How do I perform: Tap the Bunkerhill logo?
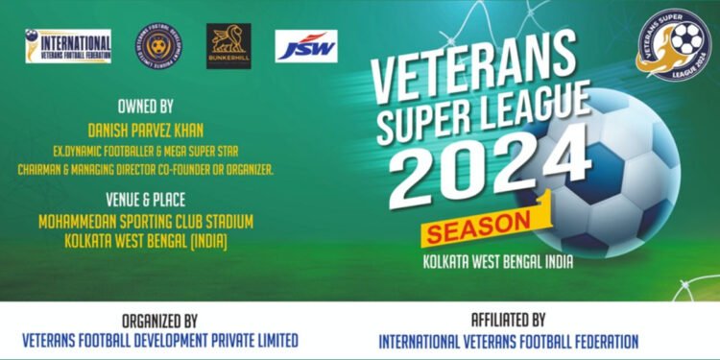point(228,45)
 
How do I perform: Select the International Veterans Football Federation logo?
point(68,45)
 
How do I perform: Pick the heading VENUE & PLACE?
point(145,202)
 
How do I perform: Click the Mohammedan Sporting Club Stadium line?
point(146,222)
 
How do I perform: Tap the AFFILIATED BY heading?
point(508,321)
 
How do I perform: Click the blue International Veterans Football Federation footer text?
point(508,341)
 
